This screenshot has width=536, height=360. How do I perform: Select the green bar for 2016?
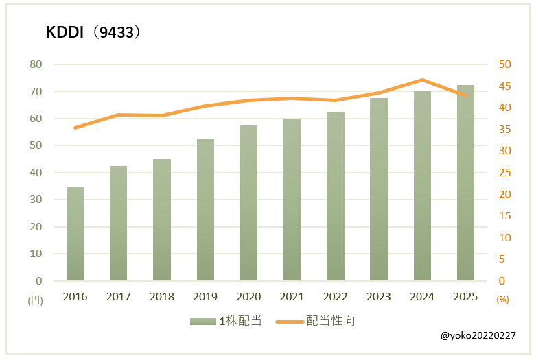[x=75, y=233]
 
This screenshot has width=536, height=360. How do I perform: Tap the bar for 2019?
[x=205, y=210]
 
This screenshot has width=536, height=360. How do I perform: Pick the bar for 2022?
[x=336, y=196]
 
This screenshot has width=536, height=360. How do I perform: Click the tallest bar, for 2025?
[x=465, y=182]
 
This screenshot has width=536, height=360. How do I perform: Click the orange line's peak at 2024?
[x=422, y=80]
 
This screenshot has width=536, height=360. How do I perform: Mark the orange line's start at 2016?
[x=75, y=128]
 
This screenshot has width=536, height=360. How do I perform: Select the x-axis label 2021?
[x=292, y=296]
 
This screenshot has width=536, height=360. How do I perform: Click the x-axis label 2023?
[x=379, y=296]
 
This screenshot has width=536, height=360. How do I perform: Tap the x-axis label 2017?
[x=118, y=296]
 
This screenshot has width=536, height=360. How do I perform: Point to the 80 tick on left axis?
[x=35, y=64]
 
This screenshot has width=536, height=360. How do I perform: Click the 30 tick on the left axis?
[x=35, y=200]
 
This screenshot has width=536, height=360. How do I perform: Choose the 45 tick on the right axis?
[x=504, y=86]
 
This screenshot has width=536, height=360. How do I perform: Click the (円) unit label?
[x=35, y=300]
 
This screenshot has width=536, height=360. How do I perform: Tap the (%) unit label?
[x=502, y=300]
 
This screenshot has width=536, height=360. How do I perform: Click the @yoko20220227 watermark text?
[x=478, y=335]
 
